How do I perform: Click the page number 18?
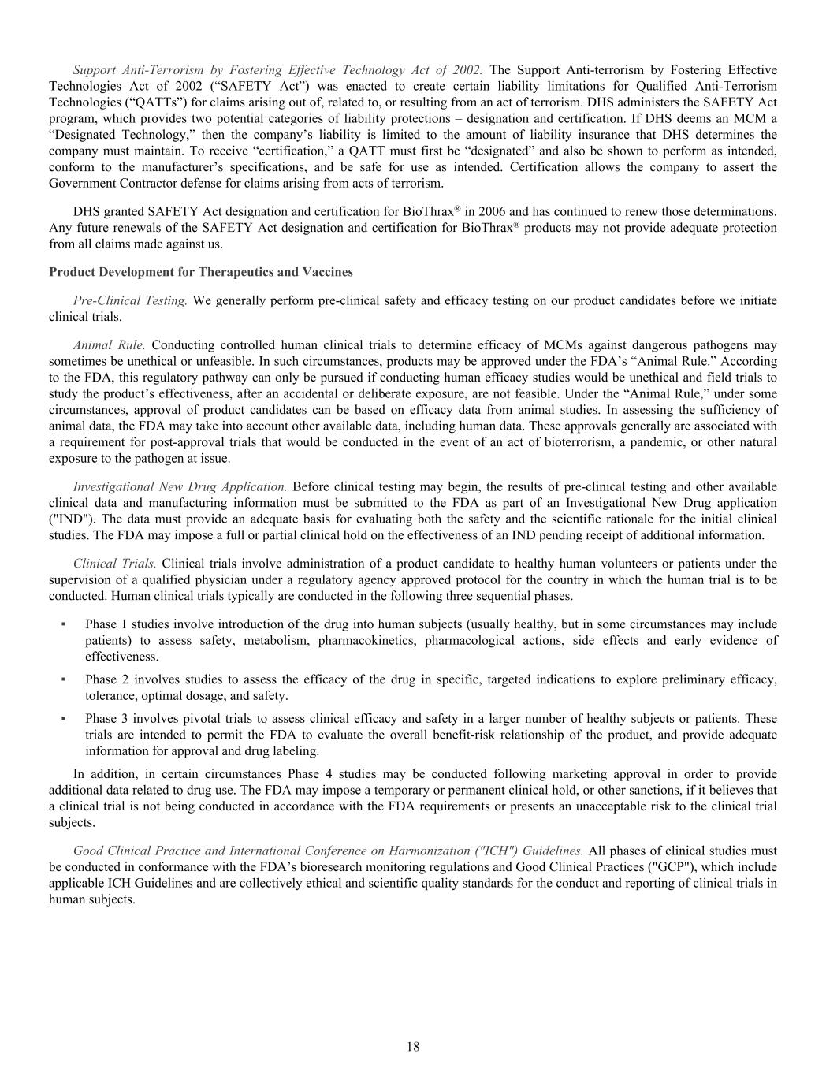point(413,1047)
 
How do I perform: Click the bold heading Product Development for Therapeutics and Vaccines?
point(201,272)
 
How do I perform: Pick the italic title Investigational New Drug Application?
point(180,486)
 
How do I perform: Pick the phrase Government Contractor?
point(106,184)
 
